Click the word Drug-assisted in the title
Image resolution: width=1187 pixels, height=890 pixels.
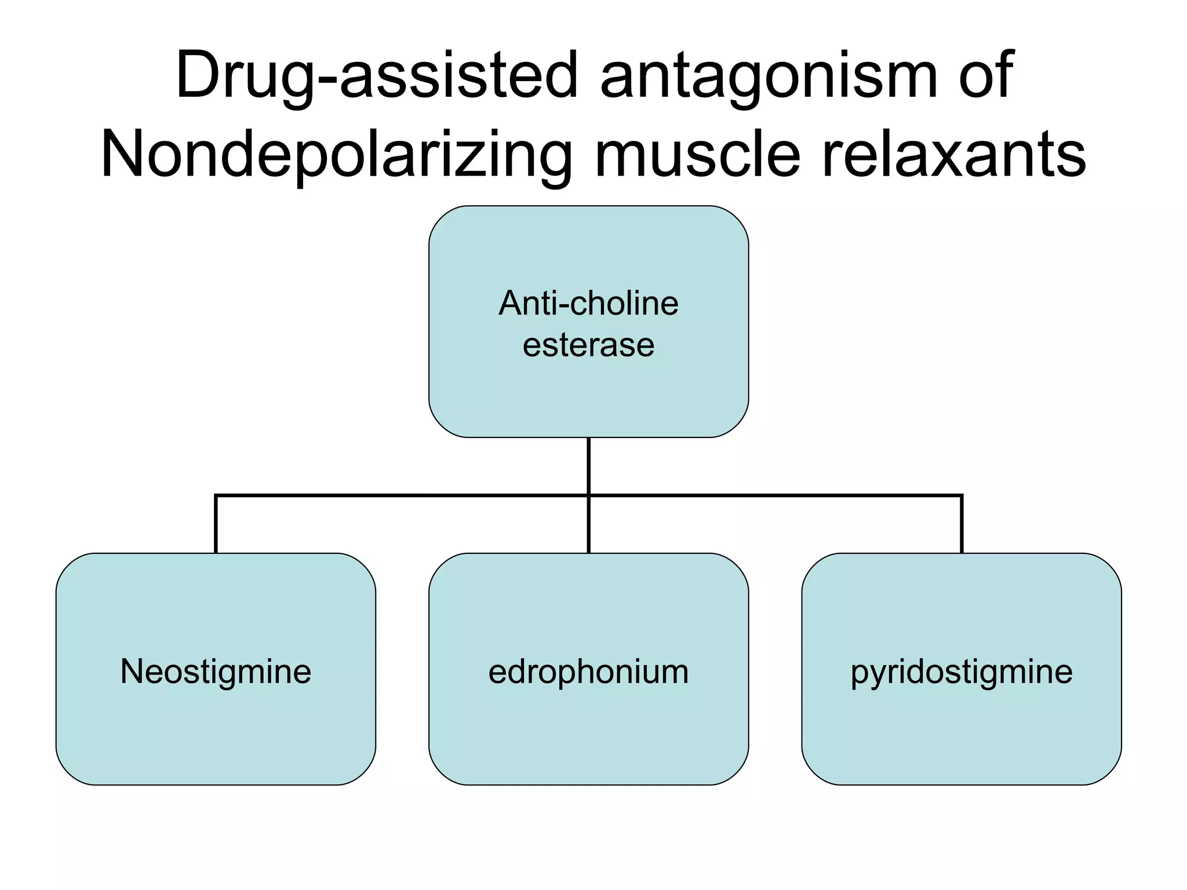point(377,75)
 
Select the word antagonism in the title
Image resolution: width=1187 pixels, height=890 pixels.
point(769,75)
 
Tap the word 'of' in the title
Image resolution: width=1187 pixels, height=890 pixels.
point(986,75)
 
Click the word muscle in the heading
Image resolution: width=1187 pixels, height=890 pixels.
point(698,154)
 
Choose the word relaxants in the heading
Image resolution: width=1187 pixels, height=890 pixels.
point(954,154)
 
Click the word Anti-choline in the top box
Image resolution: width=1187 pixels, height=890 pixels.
point(588,303)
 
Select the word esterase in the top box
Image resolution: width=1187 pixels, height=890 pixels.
point(588,345)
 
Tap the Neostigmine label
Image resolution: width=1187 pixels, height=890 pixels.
point(216,672)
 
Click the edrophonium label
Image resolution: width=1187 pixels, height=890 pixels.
point(588,672)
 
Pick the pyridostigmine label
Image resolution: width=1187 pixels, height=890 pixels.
point(962,672)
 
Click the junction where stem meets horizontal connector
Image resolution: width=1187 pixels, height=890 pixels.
point(588,495)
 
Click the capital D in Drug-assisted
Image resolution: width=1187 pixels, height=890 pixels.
point(198,75)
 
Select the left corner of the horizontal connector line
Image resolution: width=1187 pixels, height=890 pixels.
point(216,496)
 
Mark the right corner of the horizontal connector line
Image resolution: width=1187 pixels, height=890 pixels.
point(962,496)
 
